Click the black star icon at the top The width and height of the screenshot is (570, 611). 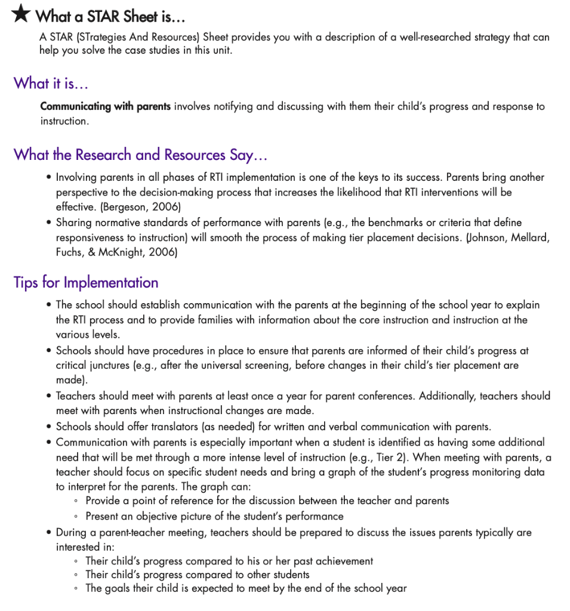click(x=21, y=14)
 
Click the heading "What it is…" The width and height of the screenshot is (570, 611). click(x=51, y=83)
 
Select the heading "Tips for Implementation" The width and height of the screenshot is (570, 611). click(x=86, y=282)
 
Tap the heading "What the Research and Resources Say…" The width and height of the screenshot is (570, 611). click(x=140, y=155)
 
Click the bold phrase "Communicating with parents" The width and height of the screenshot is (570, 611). click(x=105, y=107)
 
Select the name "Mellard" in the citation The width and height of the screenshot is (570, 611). click(x=530, y=237)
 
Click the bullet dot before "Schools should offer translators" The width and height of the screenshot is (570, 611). click(x=48, y=427)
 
